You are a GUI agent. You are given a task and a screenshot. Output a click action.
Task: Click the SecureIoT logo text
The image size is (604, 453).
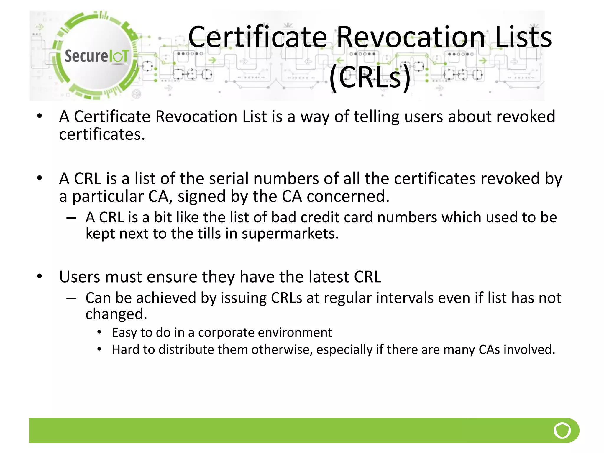pyautogui.click(x=97, y=56)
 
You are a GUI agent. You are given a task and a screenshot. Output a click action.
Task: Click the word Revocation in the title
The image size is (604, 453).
pyautogui.click(x=411, y=37)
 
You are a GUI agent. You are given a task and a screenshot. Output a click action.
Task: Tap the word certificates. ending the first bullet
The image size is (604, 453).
pyautogui.click(x=102, y=135)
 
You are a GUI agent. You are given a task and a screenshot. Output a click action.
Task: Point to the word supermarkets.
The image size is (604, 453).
pyautogui.click(x=290, y=234)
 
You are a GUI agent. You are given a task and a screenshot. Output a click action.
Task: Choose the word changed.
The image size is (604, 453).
pyautogui.click(x=116, y=314)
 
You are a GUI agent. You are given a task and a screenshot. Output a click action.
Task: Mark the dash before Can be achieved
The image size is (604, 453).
pyautogui.click(x=71, y=298)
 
